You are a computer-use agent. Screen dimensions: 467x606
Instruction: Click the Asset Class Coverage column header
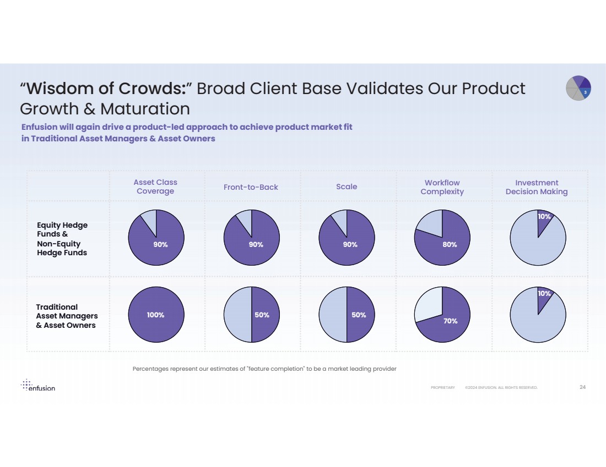155,187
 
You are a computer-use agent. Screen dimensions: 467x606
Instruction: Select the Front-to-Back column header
251,187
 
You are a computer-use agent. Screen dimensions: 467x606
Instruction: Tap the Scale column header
347,186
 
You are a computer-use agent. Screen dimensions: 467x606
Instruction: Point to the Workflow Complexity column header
442,187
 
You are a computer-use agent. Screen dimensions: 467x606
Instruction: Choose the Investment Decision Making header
537,187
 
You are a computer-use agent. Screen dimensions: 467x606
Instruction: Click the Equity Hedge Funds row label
62,239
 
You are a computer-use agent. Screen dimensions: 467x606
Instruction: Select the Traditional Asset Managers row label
67,316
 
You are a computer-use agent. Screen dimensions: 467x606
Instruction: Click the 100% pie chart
156,315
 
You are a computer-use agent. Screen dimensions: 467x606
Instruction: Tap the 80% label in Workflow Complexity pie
450,245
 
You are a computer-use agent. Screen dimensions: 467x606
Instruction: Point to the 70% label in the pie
451,321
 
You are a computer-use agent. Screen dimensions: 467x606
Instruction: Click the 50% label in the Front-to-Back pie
262,315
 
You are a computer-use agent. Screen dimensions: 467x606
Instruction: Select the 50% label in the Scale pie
359,315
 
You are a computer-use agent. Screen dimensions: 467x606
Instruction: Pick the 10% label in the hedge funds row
544,217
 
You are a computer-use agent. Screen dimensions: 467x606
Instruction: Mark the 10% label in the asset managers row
544,294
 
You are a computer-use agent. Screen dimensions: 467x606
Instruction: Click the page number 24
582,387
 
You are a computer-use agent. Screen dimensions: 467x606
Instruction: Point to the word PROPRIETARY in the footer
443,388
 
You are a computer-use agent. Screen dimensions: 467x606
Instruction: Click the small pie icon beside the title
578,89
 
